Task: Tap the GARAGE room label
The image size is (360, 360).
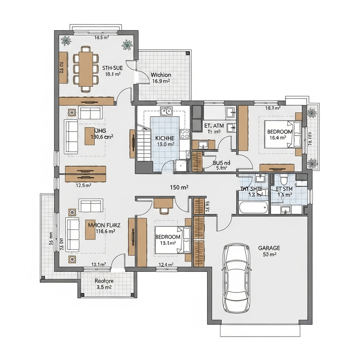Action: (x=269, y=247)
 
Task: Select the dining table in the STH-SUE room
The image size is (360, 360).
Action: (x=84, y=68)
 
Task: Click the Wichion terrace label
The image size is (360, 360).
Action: (x=161, y=75)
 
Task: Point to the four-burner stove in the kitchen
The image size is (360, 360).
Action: (x=184, y=134)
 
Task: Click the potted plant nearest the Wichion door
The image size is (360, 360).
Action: (x=127, y=45)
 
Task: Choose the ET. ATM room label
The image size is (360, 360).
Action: (x=214, y=126)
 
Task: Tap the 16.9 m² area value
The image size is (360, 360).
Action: (x=161, y=81)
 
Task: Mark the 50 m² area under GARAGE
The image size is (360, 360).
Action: (x=269, y=254)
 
